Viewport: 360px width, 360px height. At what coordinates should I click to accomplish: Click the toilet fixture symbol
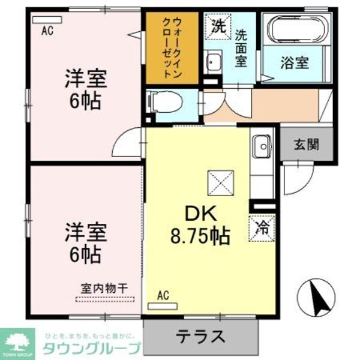155,102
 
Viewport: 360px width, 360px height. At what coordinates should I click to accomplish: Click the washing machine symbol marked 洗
216,26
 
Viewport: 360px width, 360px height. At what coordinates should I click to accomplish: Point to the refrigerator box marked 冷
262,226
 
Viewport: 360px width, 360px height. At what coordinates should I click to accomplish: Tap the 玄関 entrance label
305,145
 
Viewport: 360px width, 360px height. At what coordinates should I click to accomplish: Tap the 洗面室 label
242,48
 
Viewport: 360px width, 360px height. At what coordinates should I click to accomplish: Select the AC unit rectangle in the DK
163,304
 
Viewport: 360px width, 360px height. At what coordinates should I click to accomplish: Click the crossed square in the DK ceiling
219,182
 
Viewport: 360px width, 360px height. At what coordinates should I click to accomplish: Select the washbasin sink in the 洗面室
213,62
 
